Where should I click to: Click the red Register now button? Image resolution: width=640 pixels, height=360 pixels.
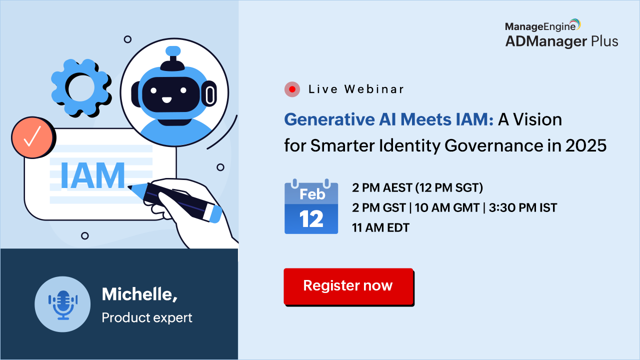pyautogui.click(x=348, y=286)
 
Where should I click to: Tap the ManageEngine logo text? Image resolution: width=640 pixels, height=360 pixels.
pyautogui.click(x=540, y=26)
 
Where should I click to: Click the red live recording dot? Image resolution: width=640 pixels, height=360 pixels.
pyautogui.click(x=292, y=89)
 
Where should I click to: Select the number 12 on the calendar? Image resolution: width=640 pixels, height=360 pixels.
pyautogui.click(x=311, y=219)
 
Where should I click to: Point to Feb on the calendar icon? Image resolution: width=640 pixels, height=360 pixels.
pyautogui.click(x=312, y=194)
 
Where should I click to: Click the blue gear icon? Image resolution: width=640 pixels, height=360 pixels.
pyautogui.click(x=80, y=87)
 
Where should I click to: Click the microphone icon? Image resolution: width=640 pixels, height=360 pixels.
pyautogui.click(x=63, y=305)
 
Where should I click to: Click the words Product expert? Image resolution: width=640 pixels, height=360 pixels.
pyautogui.click(x=147, y=317)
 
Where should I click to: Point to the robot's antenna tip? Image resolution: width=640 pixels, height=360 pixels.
pyautogui.click(x=173, y=51)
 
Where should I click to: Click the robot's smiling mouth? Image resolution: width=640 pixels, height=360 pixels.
pyautogui.click(x=166, y=100)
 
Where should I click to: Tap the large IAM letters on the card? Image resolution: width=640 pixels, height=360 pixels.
pyautogui.click(x=93, y=175)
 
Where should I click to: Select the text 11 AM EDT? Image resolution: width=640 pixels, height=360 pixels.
pyautogui.click(x=380, y=227)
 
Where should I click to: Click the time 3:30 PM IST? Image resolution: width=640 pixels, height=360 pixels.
pyautogui.click(x=523, y=207)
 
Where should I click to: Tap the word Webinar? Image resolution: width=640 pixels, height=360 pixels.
pyautogui.click(x=373, y=89)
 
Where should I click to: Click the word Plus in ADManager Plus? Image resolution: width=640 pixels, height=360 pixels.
pyautogui.click(x=604, y=41)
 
